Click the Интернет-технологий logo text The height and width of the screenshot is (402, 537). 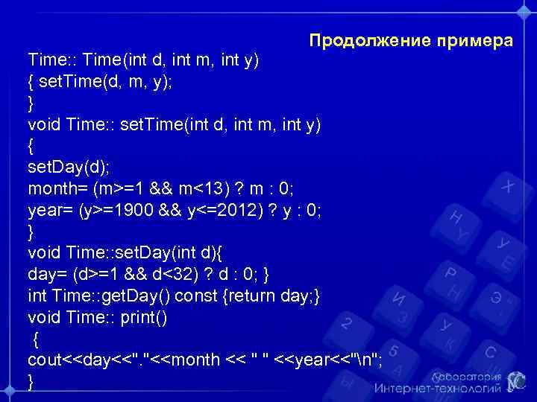click(x=437, y=388)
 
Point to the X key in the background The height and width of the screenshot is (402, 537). click(x=508, y=186)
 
